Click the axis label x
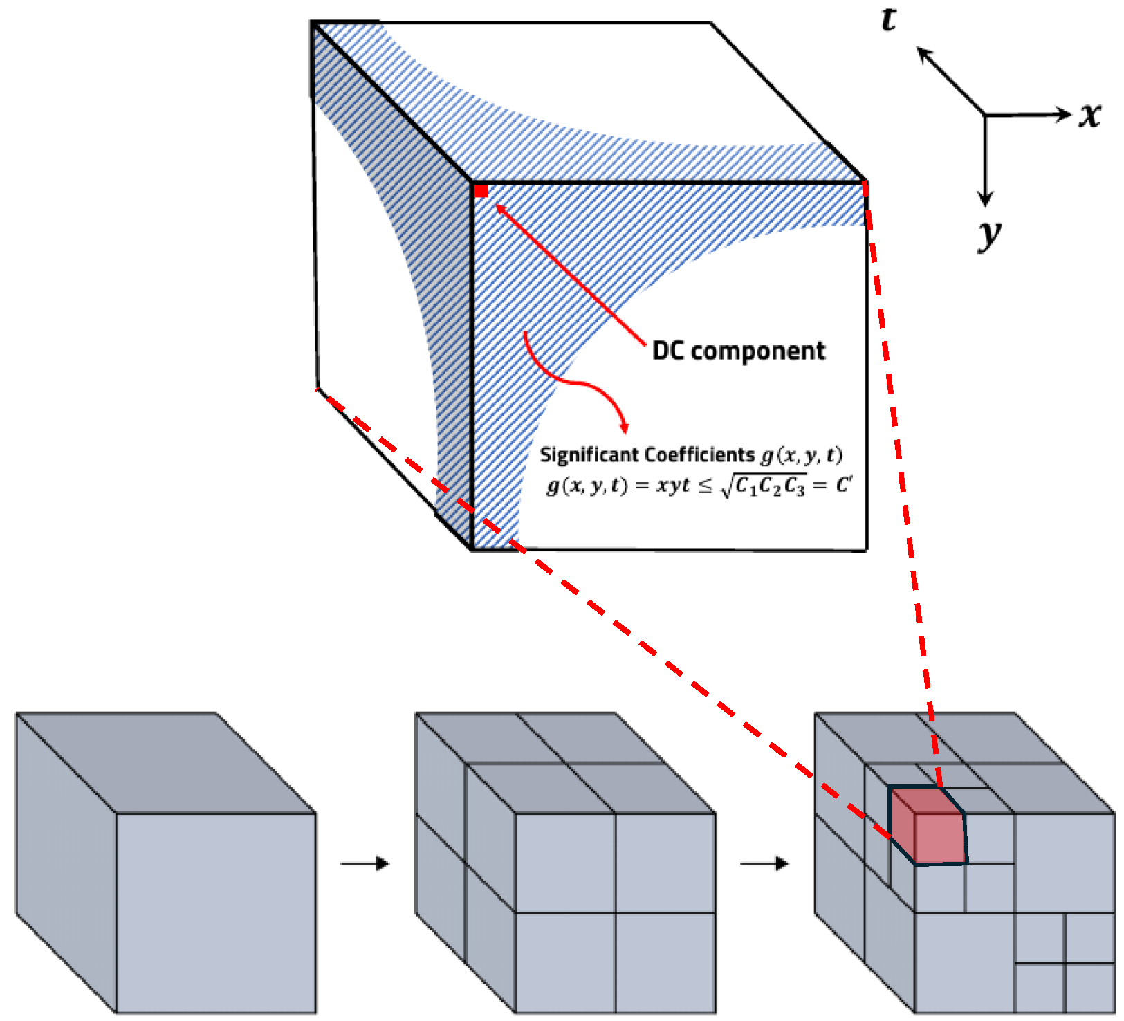[1090, 115]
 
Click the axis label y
[989, 234]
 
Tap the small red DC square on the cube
[481, 191]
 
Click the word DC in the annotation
[668, 351]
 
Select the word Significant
[589, 454]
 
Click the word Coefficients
[699, 454]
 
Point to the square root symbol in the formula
[726, 486]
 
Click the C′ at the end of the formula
[843, 485]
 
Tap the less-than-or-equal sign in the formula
[704, 486]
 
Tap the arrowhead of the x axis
[1064, 115]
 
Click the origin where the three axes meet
[985, 115]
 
